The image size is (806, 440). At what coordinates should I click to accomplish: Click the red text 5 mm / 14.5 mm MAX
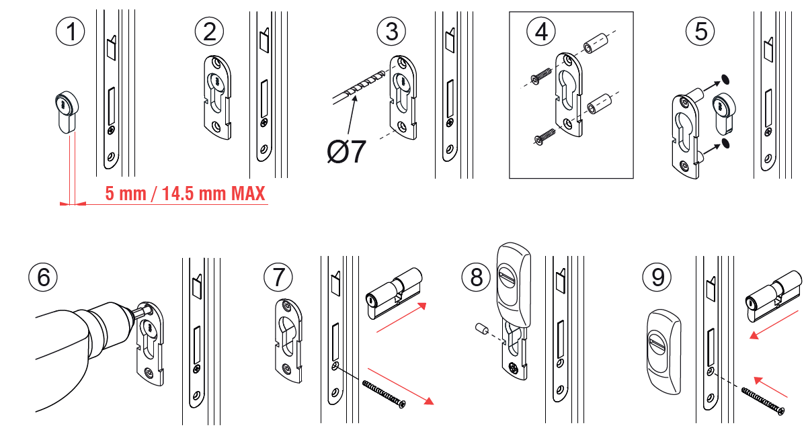[x=185, y=194]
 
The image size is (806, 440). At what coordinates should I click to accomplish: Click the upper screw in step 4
[x=539, y=80]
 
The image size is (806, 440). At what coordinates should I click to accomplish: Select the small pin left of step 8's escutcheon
[x=481, y=330]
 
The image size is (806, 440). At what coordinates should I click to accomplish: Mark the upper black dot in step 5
[x=725, y=79]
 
